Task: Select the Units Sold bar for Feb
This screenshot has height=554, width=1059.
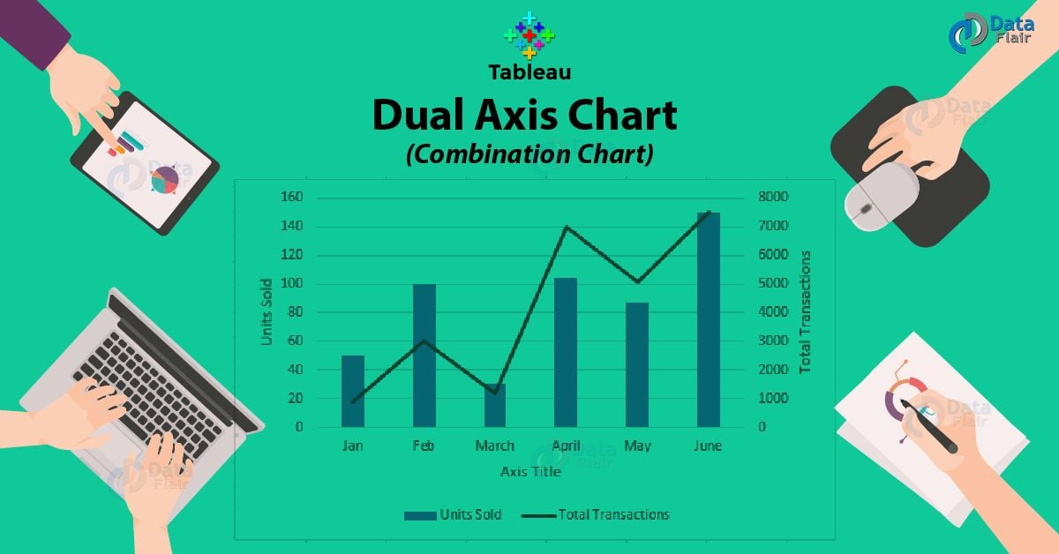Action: (x=424, y=355)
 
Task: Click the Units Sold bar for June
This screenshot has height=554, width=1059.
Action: (x=709, y=319)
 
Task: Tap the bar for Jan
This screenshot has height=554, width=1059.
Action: (x=353, y=391)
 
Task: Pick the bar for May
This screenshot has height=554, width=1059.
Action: (x=637, y=364)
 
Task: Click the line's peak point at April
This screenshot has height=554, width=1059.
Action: (x=565, y=228)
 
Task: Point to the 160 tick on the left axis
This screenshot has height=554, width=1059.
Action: (x=290, y=197)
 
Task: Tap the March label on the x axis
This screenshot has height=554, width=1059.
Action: (x=494, y=446)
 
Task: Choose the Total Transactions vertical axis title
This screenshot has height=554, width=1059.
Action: (x=804, y=311)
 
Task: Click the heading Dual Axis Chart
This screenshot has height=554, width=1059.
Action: (x=524, y=116)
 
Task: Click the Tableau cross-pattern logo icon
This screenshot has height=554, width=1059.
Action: (x=529, y=35)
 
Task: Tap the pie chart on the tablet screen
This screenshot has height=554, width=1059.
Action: (x=165, y=181)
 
